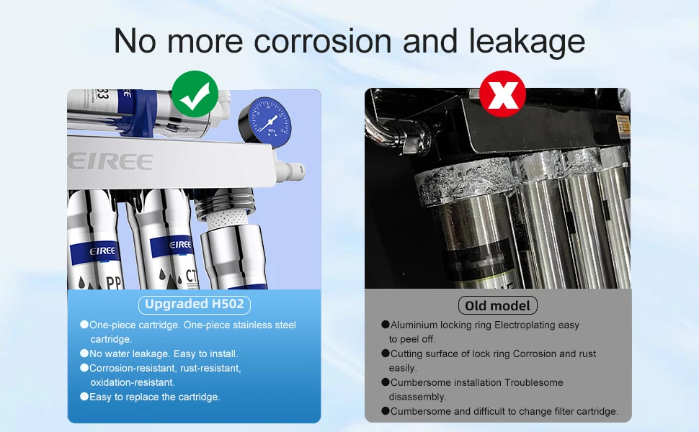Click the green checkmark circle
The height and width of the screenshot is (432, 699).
[x=195, y=94]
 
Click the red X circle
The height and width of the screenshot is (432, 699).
[x=502, y=94]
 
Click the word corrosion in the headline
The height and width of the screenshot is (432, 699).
[x=323, y=42]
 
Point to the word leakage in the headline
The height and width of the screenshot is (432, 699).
[x=527, y=42]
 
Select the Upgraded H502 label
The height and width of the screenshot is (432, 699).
[x=195, y=304]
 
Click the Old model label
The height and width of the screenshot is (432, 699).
[x=497, y=305]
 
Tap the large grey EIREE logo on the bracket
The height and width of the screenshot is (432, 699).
[x=110, y=161]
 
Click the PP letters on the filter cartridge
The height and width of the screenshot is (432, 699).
[x=114, y=282]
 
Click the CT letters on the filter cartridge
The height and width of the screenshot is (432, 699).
[x=191, y=276]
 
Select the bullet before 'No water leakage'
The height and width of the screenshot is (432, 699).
[x=84, y=354]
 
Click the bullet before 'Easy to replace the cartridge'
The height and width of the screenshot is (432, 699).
[x=84, y=397]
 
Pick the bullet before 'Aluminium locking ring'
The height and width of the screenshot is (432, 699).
[x=386, y=324]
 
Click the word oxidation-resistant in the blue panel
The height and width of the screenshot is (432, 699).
[x=133, y=382]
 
